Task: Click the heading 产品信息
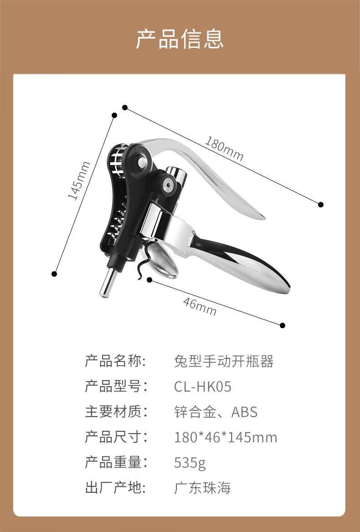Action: pyautogui.click(x=180, y=39)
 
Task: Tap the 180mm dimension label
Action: pyautogui.click(x=224, y=149)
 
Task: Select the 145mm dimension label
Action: pyautogui.click(x=79, y=181)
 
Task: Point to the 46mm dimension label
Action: pyautogui.click(x=200, y=306)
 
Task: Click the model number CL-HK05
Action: pyautogui.click(x=203, y=387)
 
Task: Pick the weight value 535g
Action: pyautogui.click(x=190, y=463)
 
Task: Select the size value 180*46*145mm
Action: pyautogui.click(x=226, y=438)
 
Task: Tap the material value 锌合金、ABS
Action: pyautogui.click(x=216, y=412)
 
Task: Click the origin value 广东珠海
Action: pyautogui.click(x=202, y=488)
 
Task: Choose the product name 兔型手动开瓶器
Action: pyautogui.click(x=224, y=362)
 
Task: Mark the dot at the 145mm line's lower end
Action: pyautogui.click(x=54, y=274)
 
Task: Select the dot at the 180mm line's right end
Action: pyautogui.click(x=321, y=204)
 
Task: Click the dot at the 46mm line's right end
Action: pyautogui.click(x=283, y=325)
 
